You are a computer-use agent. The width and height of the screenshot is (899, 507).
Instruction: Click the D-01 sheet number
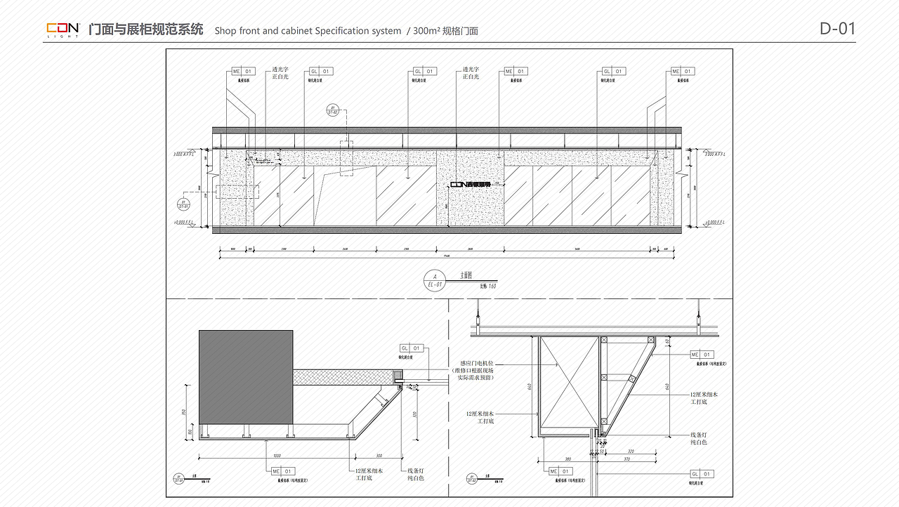click(837, 29)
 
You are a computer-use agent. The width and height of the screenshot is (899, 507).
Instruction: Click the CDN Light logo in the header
click(63, 29)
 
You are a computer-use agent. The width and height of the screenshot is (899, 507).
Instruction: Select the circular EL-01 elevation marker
click(435, 279)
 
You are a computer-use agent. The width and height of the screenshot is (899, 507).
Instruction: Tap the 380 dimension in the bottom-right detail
click(567, 459)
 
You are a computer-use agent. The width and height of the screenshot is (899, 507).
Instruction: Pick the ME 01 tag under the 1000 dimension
click(283, 471)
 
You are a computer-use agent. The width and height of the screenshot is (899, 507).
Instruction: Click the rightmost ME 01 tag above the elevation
click(682, 72)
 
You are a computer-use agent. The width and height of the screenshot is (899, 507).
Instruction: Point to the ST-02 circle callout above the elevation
click(333, 110)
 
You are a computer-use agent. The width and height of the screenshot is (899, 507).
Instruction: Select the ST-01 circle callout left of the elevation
click(183, 204)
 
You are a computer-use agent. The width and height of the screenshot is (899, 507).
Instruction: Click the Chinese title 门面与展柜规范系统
click(146, 29)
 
